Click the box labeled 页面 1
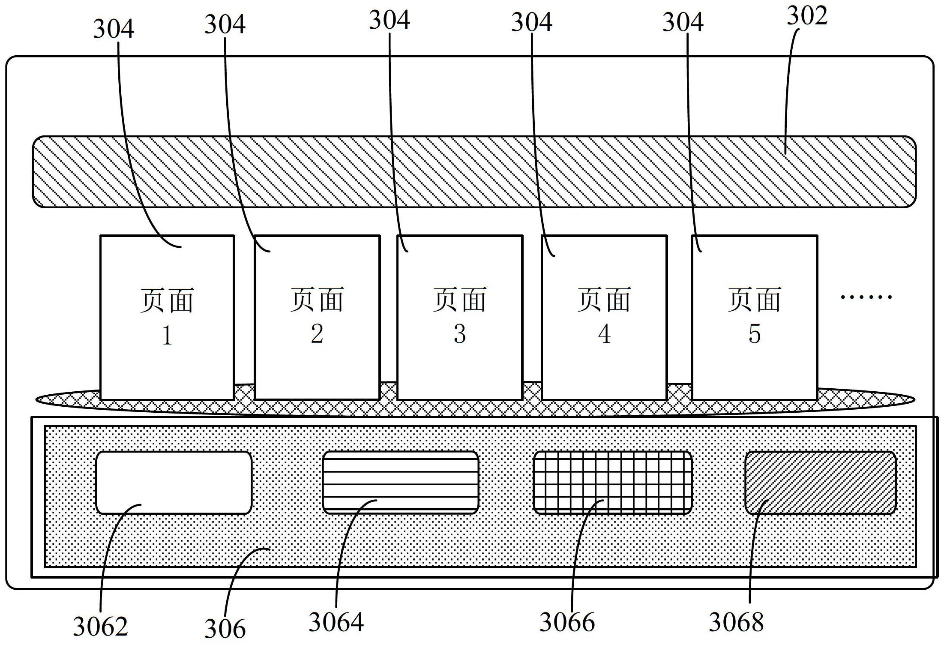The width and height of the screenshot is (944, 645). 167,317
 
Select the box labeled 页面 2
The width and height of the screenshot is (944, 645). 317,317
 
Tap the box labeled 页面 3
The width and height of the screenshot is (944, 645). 460,317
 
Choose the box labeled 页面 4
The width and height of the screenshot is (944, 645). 604,317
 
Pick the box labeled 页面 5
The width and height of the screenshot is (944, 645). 755,317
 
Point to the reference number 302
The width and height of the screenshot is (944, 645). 807,16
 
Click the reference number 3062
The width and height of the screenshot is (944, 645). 100,627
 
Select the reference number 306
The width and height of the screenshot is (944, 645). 225,629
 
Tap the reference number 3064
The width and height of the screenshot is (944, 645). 336,622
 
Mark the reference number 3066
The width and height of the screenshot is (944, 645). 567,622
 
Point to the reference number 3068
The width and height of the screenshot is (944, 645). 736,622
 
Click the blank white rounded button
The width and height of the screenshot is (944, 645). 174,483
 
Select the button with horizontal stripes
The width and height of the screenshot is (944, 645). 400,483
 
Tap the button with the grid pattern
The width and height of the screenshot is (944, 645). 612,483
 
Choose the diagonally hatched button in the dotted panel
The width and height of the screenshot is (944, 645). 820,483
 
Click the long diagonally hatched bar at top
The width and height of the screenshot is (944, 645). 474,172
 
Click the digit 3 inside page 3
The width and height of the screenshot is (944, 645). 460,334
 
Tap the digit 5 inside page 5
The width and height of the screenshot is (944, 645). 755,334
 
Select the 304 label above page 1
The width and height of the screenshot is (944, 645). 114,29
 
